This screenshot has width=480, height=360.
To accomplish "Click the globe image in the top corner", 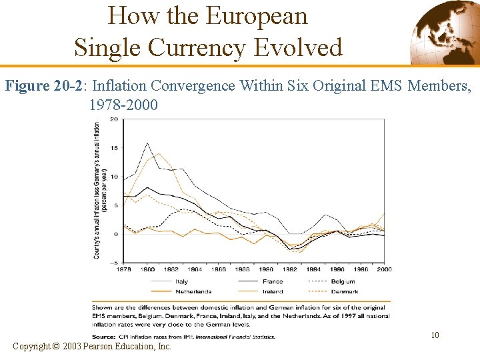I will (444, 31).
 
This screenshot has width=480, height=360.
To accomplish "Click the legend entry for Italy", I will (181, 281).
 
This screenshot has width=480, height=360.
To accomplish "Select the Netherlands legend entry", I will (193, 291).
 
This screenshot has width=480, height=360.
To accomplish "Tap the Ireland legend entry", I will (272, 291).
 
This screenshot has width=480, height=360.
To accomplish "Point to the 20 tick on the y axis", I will (114, 119).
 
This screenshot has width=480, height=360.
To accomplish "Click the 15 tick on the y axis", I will (114, 148).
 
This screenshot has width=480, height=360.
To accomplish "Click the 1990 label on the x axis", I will (265, 269).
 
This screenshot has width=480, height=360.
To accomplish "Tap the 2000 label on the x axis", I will (384, 269).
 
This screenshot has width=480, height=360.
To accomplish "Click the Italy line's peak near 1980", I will (147, 143).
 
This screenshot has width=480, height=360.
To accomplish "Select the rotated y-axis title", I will (101, 190).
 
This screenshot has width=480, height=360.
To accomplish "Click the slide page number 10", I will (435, 335).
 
